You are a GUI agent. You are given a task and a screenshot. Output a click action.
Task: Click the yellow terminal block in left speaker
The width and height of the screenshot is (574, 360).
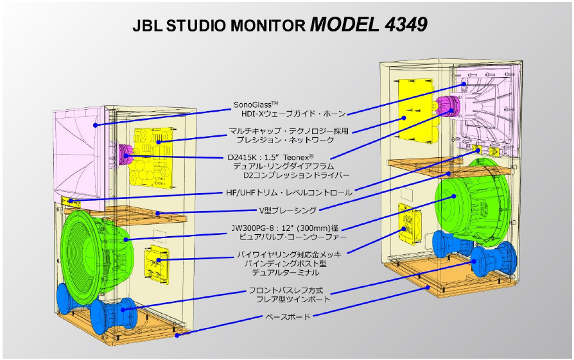[x=157, y=262]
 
